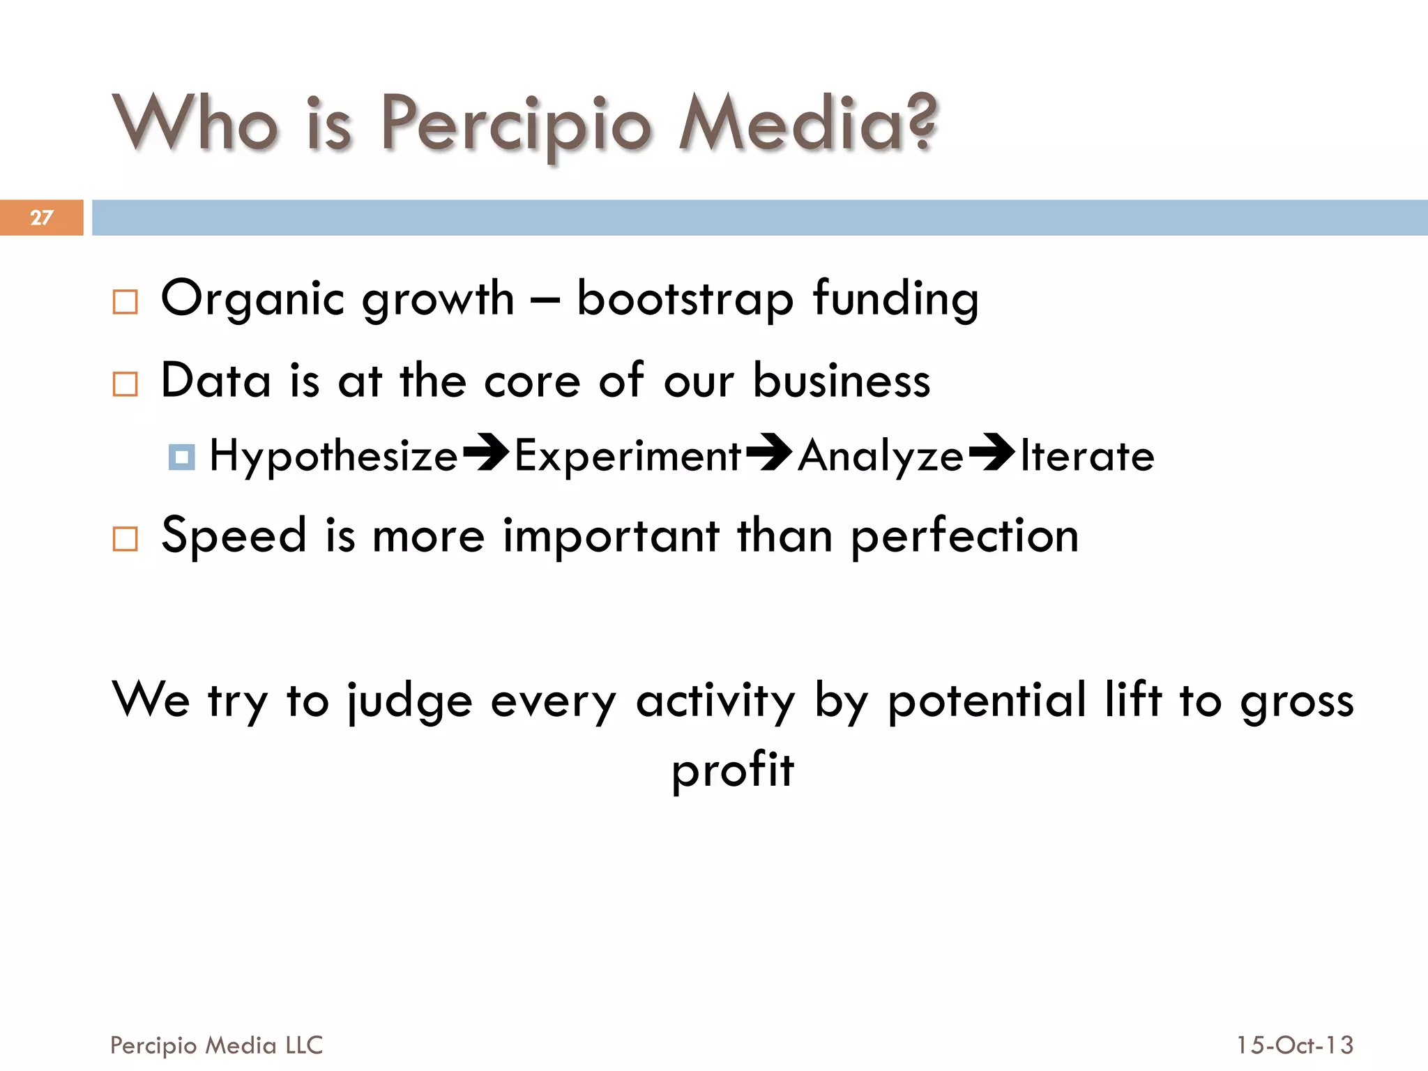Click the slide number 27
[41, 218]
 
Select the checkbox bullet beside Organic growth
[125, 302]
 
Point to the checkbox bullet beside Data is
[125, 383]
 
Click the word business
[842, 381]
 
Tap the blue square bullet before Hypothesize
[181, 457]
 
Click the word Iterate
[1087, 457]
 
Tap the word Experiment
[628, 457]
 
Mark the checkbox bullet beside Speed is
[125, 539]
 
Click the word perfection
[965, 537]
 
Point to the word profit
[732, 770]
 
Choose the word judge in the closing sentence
[410, 701]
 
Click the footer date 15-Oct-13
[1295, 1045]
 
